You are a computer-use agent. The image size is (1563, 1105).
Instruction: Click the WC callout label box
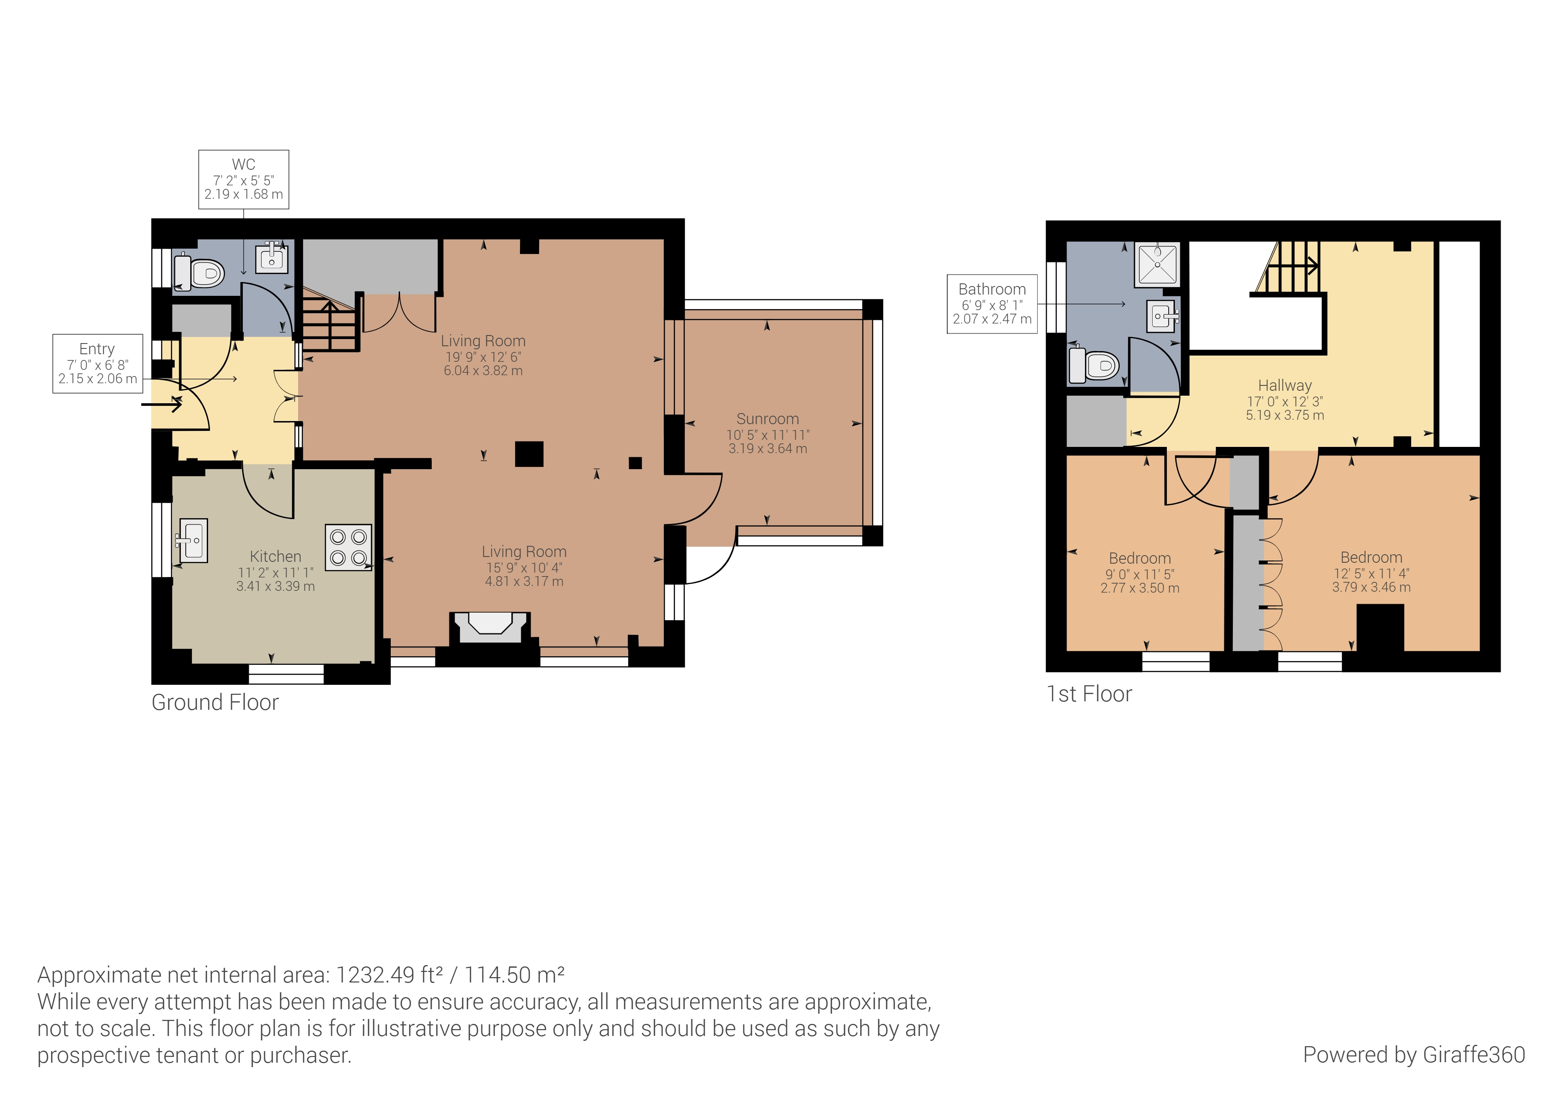(x=244, y=179)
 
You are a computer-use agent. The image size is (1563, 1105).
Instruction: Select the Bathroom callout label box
(x=992, y=304)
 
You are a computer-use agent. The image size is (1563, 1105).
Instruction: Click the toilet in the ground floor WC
(x=200, y=272)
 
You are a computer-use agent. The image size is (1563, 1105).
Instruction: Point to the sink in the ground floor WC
(x=272, y=258)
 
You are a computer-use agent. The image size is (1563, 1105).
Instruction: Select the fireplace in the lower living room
(x=490, y=628)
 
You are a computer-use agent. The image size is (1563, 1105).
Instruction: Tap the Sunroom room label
(x=768, y=419)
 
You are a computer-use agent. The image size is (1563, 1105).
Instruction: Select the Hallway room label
(x=1285, y=386)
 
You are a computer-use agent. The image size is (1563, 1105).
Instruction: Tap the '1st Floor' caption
(x=1089, y=694)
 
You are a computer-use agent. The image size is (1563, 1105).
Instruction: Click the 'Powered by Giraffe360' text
(x=1414, y=1055)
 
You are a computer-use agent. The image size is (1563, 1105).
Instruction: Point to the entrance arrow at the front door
(x=162, y=405)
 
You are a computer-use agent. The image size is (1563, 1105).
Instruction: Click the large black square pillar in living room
(x=529, y=454)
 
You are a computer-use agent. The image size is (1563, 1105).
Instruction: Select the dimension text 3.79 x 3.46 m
(x=1371, y=587)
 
